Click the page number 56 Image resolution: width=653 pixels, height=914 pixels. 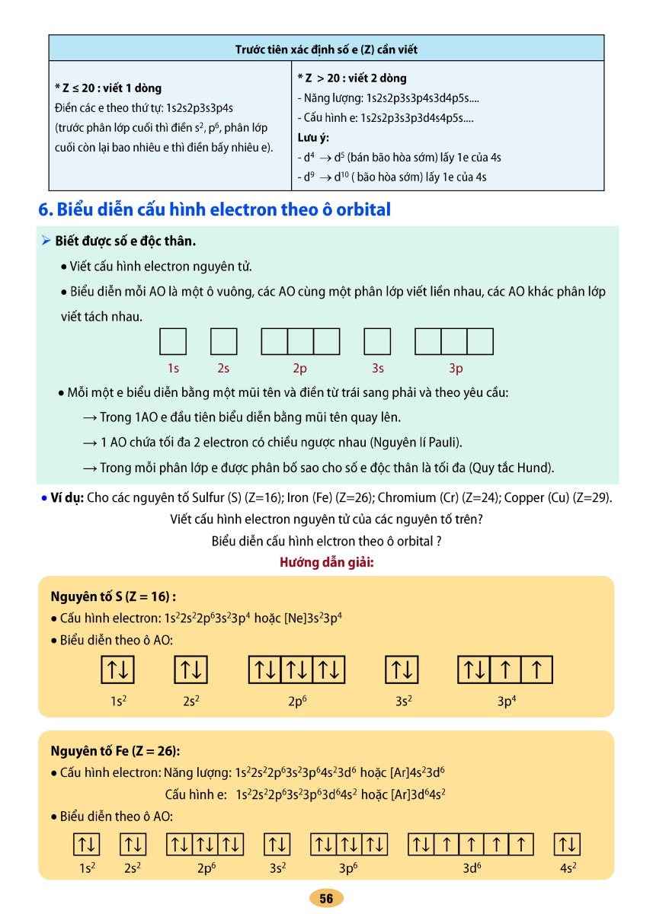click(x=326, y=899)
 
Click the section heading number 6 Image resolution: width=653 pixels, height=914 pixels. click(x=43, y=209)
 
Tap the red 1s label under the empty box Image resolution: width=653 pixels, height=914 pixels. click(x=173, y=369)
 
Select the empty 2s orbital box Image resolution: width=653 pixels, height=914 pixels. click(x=223, y=341)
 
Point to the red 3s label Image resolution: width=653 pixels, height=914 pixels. click(x=377, y=369)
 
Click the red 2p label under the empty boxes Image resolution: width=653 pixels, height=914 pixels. click(x=299, y=369)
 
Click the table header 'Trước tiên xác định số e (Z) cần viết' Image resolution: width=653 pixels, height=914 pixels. click(x=326, y=50)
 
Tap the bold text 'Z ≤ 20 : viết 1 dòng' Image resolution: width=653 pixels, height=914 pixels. click(x=108, y=88)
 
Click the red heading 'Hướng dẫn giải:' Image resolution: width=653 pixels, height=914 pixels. click(x=326, y=563)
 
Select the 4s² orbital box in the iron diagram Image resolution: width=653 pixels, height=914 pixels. click(x=568, y=845)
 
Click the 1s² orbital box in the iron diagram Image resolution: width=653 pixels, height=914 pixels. click(x=86, y=845)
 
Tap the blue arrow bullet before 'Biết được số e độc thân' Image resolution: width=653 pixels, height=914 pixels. click(x=46, y=241)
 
